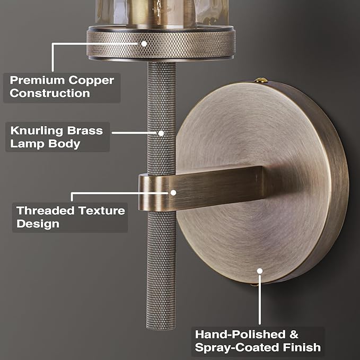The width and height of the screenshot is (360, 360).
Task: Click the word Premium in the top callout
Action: [x=37, y=81]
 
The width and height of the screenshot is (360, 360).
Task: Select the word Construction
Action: [x=50, y=93]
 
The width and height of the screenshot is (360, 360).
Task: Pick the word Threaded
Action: [x=46, y=210]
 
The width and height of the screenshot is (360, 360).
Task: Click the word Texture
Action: [x=101, y=210]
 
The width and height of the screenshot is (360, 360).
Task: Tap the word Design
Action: [x=38, y=224]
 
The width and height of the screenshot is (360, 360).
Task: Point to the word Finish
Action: [x=302, y=347]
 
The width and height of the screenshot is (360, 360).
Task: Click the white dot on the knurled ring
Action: [x=144, y=43]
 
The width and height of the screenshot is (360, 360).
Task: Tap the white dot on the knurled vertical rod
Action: [x=161, y=133]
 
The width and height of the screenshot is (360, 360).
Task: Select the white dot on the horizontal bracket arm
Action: [x=173, y=192]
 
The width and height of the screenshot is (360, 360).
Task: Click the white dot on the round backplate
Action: [x=260, y=271]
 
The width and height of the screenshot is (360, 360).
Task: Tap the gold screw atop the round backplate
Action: [x=261, y=80]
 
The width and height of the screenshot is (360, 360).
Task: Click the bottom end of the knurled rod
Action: [x=161, y=329]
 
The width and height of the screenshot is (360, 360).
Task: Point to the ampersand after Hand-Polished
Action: [x=294, y=335]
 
